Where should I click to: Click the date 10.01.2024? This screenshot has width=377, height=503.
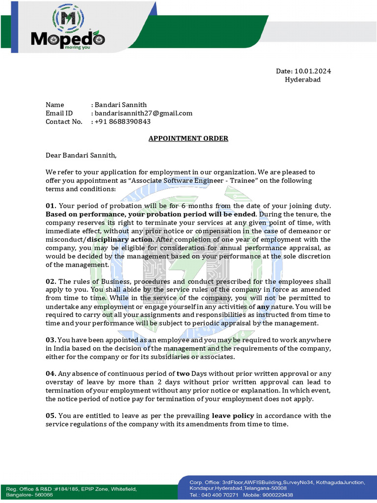pos(313,71)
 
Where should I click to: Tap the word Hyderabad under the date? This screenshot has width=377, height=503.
pos(303,80)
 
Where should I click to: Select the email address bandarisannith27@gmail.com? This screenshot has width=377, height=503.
pos(143,113)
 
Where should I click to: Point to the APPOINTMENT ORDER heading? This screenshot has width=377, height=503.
pos(188,139)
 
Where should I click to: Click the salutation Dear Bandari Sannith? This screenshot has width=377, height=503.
pos(81,156)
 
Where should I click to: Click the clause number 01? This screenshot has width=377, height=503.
pos(51,205)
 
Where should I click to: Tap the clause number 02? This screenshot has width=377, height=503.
pos(51,281)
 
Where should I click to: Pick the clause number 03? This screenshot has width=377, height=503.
pos(51,340)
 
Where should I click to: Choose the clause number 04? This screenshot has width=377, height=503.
pos(51,374)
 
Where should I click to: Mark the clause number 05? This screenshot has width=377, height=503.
pos(51,416)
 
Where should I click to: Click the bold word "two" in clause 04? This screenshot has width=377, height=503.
pos(183,374)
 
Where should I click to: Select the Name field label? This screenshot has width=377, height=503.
pos(55,105)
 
